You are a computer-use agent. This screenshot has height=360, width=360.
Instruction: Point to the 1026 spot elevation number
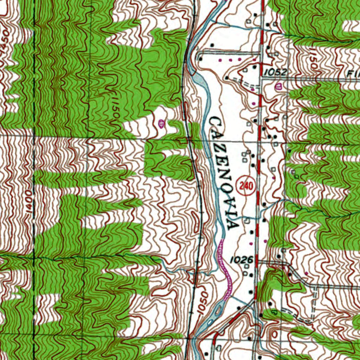coord(242,260)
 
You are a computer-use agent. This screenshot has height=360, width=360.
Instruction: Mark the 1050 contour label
coord(201,302)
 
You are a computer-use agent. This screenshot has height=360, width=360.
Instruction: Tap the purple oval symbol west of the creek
coord(161,123)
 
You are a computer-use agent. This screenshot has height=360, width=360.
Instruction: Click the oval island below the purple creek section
coord(218,310)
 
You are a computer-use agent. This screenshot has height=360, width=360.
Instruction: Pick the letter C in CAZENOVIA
coord(215,123)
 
